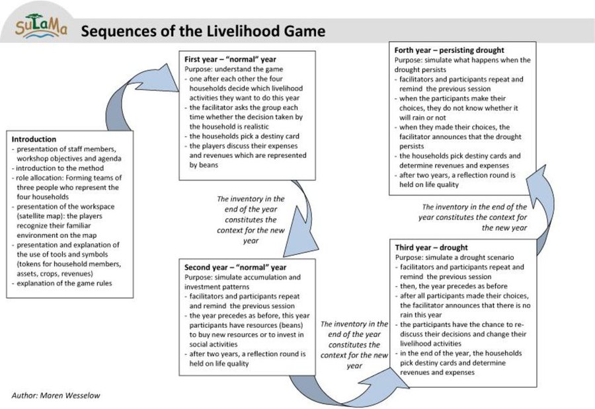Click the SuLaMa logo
pos(42,26)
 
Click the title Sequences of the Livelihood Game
pos(203,31)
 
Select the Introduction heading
pos(34,139)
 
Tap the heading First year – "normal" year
pos(230,59)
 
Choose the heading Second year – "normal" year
pos(235,267)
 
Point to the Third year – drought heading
pos(432,247)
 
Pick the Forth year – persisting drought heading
pos(450,50)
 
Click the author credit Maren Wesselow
pos(56,395)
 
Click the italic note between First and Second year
pos(251,219)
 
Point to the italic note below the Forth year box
pos(473,217)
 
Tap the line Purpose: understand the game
pos(234,69)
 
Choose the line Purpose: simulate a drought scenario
pos(455,257)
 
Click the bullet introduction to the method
pos(58,168)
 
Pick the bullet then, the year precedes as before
pos(451,286)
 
